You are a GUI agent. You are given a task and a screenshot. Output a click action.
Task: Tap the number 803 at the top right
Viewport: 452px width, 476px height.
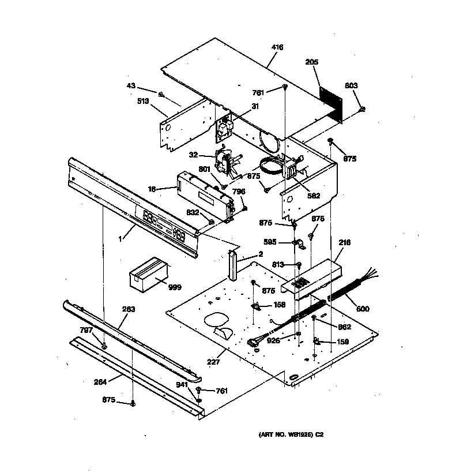coord(351,85)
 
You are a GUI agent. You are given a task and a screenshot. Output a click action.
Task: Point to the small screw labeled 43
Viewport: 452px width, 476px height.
coord(162,95)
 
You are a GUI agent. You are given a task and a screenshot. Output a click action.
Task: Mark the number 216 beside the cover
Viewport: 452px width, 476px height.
coord(344,243)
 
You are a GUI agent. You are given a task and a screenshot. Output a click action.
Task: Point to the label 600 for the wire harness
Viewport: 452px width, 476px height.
coord(363,309)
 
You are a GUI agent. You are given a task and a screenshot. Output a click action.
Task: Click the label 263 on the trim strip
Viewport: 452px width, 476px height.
coord(128,309)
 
